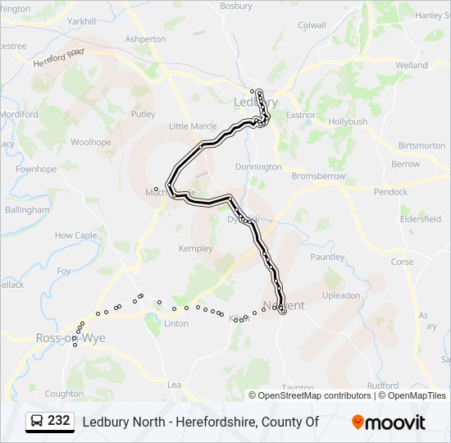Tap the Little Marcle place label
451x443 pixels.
pyautogui.click(x=193, y=126)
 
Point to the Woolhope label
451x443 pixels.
pyautogui.click(x=90, y=142)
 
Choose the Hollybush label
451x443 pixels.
pyautogui.click(x=348, y=121)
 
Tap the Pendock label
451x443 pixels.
pyautogui.click(x=390, y=192)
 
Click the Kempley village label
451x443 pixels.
pyautogui.click(x=195, y=248)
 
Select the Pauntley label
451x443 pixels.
pyautogui.click(x=327, y=257)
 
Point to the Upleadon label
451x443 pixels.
pyautogui.click(x=340, y=295)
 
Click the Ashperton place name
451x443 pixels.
pyautogui.click(x=145, y=39)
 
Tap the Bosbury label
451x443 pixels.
pyautogui.click(x=236, y=6)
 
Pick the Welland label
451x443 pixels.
pyautogui.click(x=412, y=65)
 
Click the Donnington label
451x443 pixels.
pyautogui.click(x=258, y=167)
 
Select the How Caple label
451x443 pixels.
pyautogui.click(x=75, y=235)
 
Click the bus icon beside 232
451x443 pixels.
pyautogui.click(x=37, y=422)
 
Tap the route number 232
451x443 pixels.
pyautogui.click(x=59, y=421)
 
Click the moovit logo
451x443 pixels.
pyautogui.click(x=389, y=422)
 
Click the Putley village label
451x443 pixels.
pyautogui.click(x=143, y=114)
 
